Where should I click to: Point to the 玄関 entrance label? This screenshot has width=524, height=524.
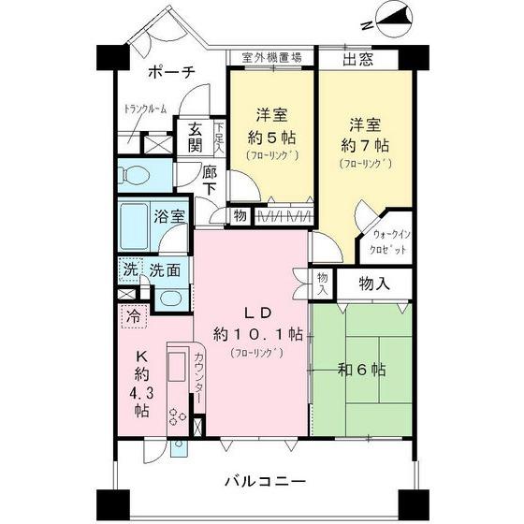tap(195, 138)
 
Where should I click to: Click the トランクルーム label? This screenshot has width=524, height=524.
tap(145, 110)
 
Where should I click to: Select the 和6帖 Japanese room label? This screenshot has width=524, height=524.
tap(363, 371)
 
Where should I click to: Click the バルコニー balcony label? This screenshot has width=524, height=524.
tap(265, 483)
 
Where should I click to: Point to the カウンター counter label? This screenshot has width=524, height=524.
tap(199, 373)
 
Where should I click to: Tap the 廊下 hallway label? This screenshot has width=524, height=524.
tap(211, 181)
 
